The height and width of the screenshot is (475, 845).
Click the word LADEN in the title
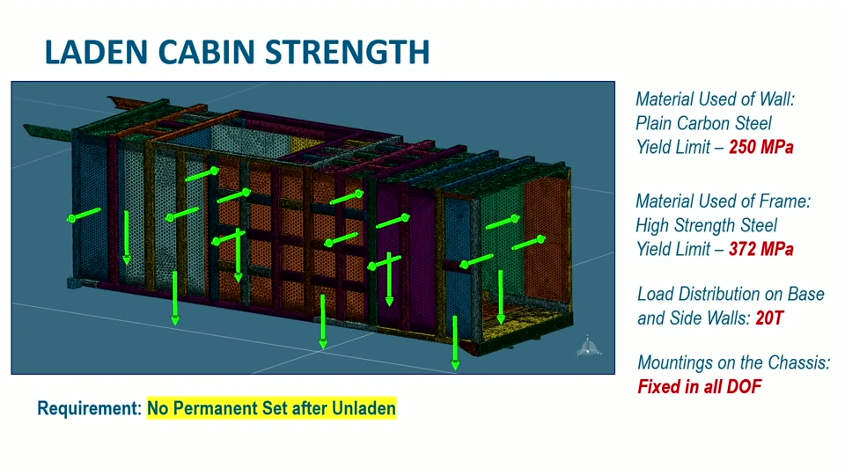point(96,52)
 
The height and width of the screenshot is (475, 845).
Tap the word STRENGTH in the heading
point(348,52)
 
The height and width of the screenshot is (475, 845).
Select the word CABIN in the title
point(206,52)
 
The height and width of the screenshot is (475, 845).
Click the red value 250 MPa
point(760,147)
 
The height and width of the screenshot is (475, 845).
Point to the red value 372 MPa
point(760,249)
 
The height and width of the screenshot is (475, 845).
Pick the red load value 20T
point(769,318)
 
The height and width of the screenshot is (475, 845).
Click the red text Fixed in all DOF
point(700,387)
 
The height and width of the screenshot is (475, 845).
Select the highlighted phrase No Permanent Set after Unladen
point(272,408)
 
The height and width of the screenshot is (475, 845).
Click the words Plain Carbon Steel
point(704,123)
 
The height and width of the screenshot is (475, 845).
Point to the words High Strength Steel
point(707,225)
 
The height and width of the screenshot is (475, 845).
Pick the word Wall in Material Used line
point(776,99)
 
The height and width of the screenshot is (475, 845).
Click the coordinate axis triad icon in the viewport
point(587,346)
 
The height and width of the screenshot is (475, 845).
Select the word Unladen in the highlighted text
point(364,408)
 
